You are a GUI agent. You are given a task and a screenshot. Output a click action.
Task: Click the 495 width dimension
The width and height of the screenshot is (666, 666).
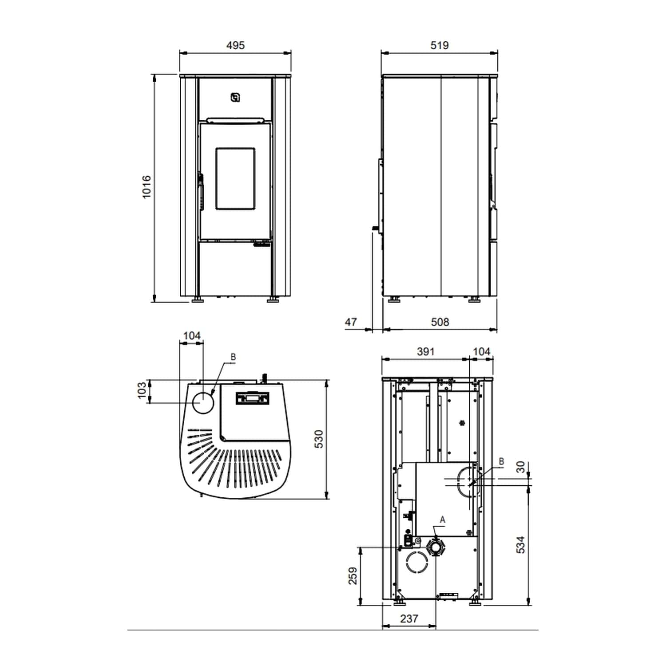pos(235,45)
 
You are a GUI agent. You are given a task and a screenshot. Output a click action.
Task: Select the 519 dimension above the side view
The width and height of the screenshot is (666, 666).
pos(439,45)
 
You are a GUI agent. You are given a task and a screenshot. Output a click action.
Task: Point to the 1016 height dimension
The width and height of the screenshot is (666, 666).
pos(147,187)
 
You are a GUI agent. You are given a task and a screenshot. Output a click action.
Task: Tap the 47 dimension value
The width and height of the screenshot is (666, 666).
pos(351,322)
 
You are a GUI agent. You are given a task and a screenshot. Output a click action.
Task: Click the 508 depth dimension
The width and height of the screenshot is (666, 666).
pos(440,322)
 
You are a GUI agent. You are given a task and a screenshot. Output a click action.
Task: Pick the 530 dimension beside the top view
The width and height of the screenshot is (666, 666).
pos(319,439)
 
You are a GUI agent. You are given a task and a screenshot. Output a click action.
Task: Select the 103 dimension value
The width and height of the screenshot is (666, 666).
pos(142,391)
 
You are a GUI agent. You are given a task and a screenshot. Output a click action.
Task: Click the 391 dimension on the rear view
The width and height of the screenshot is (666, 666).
pos(425,352)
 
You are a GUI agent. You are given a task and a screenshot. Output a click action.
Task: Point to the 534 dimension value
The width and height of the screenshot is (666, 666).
pos(521,545)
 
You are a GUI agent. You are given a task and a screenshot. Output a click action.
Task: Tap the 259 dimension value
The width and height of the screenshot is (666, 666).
pos(353,575)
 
